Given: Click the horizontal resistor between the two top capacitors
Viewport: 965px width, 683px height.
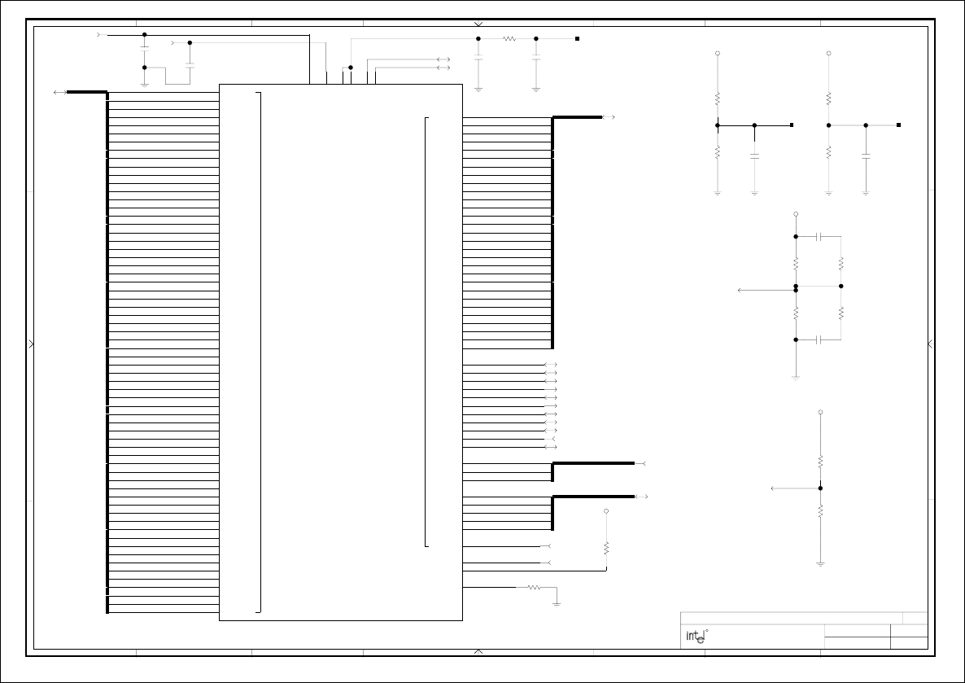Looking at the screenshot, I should [510, 38].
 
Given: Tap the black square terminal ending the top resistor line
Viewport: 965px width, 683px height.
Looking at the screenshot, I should [577, 38].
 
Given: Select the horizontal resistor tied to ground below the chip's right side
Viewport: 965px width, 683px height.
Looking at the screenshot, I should [534, 587].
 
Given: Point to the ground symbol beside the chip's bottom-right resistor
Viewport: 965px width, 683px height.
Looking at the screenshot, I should [557, 603].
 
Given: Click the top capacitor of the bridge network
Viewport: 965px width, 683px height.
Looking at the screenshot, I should [820, 237].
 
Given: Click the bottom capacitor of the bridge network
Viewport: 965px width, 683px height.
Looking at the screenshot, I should [820, 339].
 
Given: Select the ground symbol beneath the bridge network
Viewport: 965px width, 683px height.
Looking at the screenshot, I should [796, 377].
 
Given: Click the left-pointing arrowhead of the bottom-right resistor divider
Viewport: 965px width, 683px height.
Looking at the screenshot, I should [773, 488].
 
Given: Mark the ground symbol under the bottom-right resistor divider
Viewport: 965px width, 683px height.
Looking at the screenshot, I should [820, 563].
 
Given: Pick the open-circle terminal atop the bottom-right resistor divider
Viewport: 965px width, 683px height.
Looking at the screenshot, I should [820, 413].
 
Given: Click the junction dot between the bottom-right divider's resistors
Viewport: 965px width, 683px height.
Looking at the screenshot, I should [820, 488].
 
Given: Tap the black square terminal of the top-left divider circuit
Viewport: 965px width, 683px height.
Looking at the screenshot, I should [792, 125].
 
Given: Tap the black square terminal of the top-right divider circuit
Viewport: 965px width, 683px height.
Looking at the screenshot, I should [899, 125].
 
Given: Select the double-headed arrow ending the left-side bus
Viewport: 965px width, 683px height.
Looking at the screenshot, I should [59, 93].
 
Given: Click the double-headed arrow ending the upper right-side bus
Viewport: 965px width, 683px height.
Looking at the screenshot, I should [609, 117].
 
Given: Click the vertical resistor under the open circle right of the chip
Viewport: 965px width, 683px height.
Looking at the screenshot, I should [606, 548].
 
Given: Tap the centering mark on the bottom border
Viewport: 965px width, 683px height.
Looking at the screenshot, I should [478, 651].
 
